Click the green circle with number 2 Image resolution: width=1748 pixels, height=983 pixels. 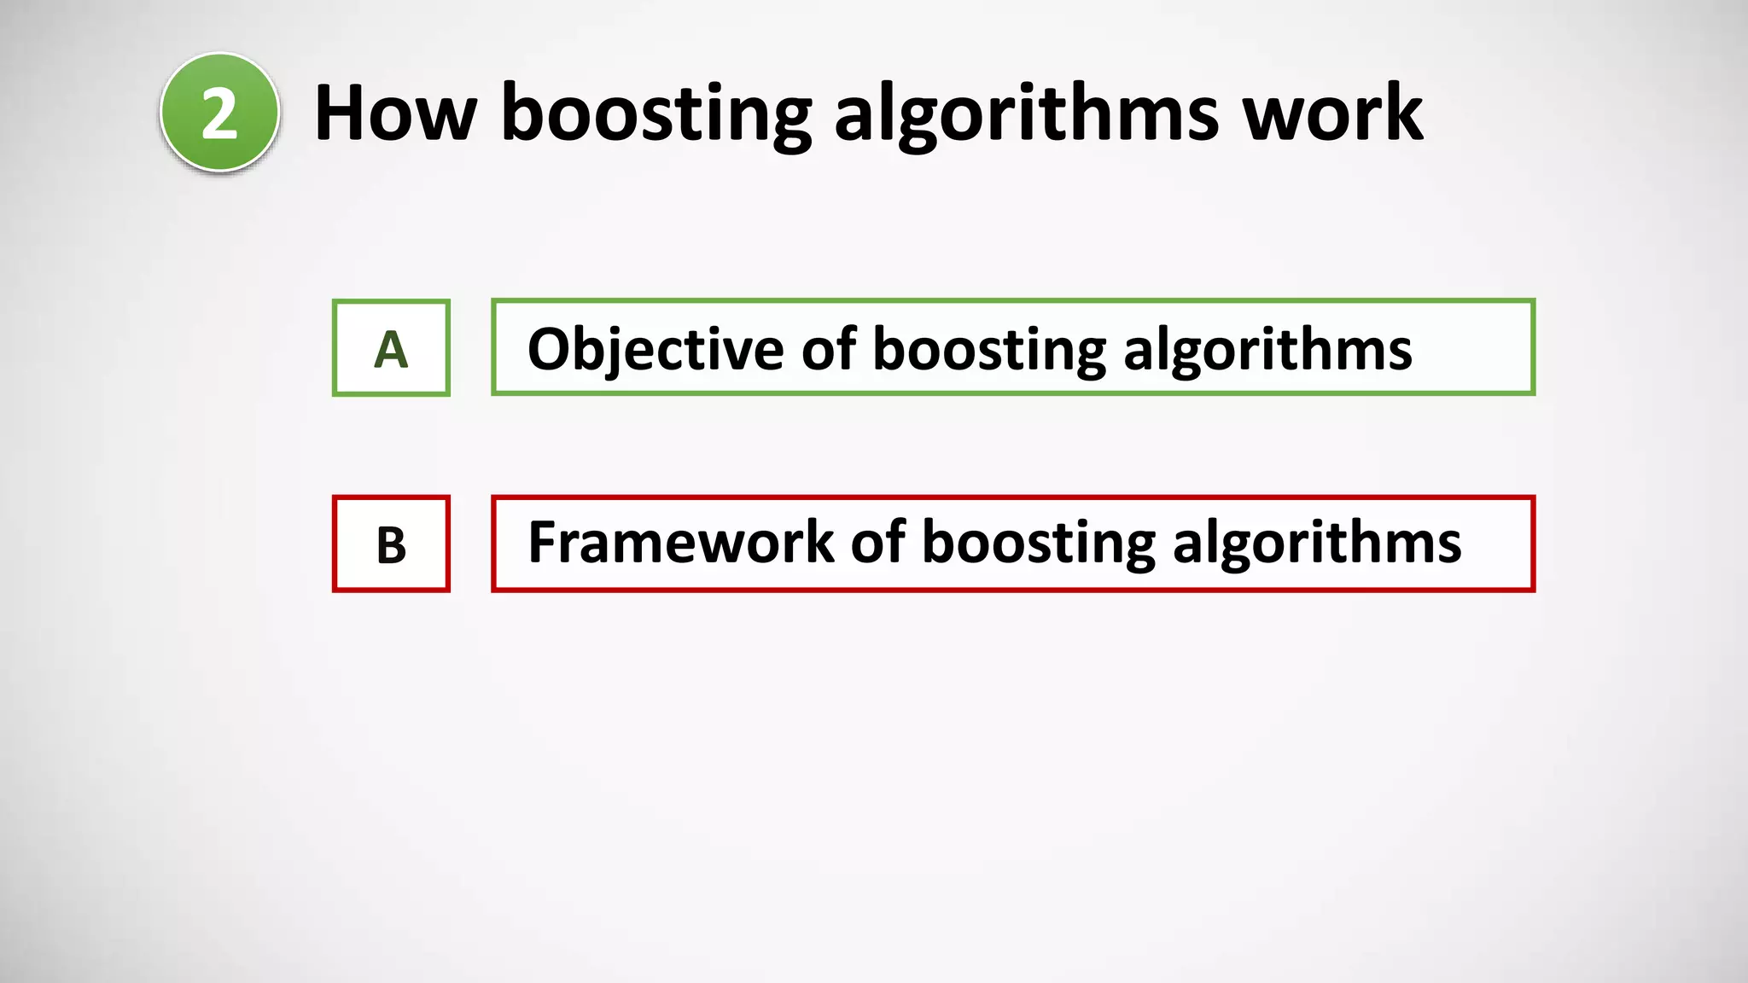[219, 112]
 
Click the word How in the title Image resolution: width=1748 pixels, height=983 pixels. [395, 113]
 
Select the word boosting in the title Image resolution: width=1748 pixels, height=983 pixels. [655, 114]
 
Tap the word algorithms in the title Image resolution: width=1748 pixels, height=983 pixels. [1026, 114]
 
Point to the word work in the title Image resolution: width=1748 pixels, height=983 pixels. [1332, 113]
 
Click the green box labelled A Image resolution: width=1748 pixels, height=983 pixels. [391, 348]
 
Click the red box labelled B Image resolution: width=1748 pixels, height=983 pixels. [391, 544]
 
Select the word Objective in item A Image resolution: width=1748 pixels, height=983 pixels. [655, 350]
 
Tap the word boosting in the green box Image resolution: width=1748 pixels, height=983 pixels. [989, 350]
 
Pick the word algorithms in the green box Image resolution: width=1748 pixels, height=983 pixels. [1267, 350]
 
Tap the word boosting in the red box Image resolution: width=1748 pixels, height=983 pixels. [1039, 544]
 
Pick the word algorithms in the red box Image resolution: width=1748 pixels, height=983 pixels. [1317, 544]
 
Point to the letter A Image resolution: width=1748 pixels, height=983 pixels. [391, 350]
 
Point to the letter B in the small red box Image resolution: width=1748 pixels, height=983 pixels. [391, 545]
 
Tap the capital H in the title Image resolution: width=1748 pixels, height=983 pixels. [344, 113]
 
